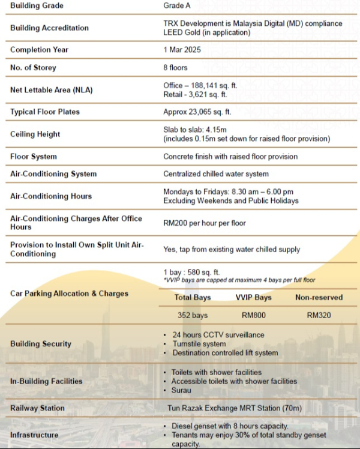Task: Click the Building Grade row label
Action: click(37, 6)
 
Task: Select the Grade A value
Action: click(178, 6)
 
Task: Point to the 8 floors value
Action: click(175, 68)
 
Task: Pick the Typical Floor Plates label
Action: click(45, 112)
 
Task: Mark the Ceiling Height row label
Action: click(35, 134)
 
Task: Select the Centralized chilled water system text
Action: click(216, 174)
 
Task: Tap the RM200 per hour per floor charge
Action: click(205, 223)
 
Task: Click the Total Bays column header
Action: click(193, 298)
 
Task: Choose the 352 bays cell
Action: click(193, 315)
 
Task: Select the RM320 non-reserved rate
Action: click(319, 315)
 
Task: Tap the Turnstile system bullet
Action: click(199, 344)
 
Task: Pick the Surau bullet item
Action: click(182, 390)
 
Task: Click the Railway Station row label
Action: click(37, 408)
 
